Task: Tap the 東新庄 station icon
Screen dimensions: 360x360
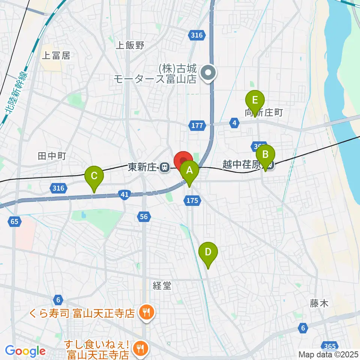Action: coord(164,168)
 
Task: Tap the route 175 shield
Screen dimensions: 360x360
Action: coord(192,201)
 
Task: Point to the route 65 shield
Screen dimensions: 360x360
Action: coord(14,222)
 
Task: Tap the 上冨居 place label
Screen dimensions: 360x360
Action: coord(56,56)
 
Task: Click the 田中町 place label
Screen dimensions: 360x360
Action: coord(52,156)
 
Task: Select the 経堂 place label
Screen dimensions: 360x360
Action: coord(162,286)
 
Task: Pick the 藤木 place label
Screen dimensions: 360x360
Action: coord(319,303)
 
